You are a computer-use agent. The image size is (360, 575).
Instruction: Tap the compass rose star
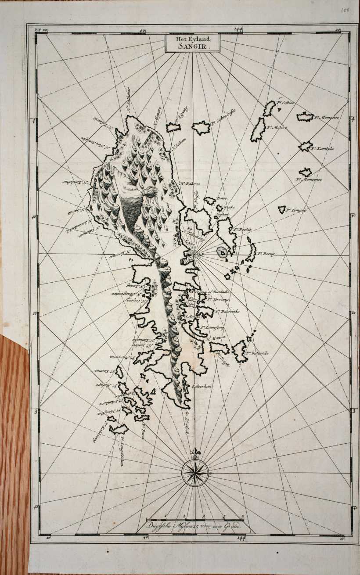194,473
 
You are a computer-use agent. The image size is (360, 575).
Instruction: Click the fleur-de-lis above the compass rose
194,453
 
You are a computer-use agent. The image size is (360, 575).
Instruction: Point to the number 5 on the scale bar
242,517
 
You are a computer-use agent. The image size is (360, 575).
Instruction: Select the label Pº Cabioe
285,103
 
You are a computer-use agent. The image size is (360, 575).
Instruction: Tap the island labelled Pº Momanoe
305,117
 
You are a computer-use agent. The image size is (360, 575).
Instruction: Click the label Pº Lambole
323,148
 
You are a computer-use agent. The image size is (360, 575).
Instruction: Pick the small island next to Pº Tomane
281,210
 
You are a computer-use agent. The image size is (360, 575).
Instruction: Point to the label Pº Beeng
266,254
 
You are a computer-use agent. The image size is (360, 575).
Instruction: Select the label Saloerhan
202,386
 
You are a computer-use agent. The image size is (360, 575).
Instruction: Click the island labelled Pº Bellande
240,352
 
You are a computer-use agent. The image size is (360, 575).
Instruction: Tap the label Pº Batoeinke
227,311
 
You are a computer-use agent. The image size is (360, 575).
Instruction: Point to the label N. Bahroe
190,184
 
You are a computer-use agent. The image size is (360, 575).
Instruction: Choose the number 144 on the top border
238,29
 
